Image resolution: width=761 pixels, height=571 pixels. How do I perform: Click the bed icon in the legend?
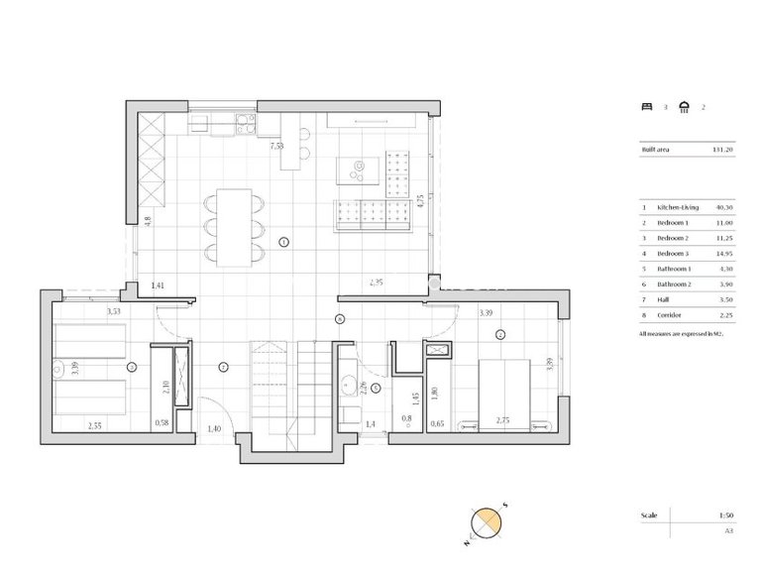point(647,106)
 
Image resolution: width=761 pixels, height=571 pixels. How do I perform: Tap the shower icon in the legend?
point(685,106)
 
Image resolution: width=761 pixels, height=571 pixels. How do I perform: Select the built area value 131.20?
point(721,150)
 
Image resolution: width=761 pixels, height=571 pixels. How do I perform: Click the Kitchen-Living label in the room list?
point(678,207)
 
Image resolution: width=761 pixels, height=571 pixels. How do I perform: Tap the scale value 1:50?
point(727,515)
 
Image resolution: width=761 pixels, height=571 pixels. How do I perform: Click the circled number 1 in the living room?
point(283,242)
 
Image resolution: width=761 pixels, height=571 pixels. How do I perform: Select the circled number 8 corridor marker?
point(340,318)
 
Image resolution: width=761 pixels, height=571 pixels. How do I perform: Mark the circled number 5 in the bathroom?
point(376,388)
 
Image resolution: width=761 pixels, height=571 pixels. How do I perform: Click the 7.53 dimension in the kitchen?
point(278,146)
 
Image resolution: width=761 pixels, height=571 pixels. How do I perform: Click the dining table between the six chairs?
point(235,227)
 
